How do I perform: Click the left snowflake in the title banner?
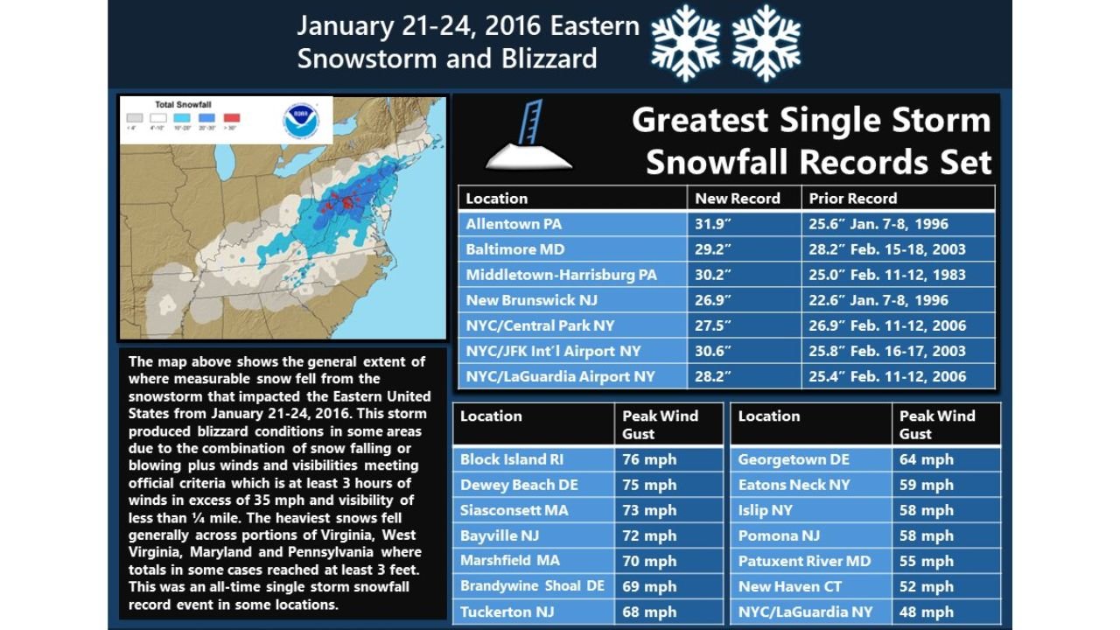[x=686, y=42]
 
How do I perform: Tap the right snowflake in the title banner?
[x=766, y=42]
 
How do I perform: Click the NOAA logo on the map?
[x=301, y=122]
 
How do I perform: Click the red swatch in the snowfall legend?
[x=232, y=117]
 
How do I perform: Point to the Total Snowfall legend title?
[x=183, y=104]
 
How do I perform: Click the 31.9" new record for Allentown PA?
[x=713, y=224]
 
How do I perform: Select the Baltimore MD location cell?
[x=514, y=249]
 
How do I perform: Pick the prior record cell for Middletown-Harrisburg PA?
[x=887, y=275]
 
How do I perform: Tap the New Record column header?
[x=737, y=198]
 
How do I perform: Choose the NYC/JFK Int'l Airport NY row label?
[x=553, y=351]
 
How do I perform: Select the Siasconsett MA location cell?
[x=514, y=510]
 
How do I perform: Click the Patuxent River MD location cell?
[x=804, y=561]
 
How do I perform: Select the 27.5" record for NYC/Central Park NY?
[x=713, y=325]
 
